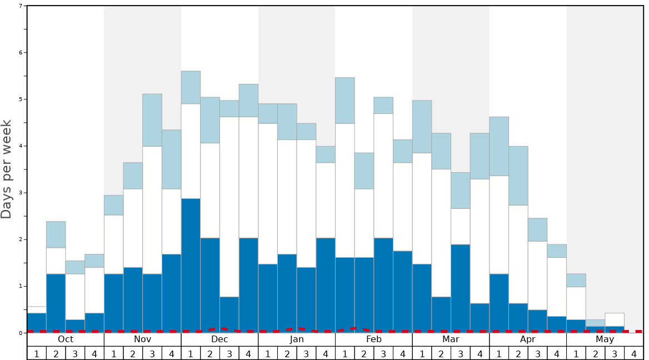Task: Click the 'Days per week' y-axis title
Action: (7, 169)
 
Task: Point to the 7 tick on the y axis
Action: (21, 6)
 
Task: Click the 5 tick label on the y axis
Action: (21, 99)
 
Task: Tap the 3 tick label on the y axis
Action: (21, 193)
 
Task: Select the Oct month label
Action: (66, 339)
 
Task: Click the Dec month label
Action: (219, 339)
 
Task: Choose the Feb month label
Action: (374, 339)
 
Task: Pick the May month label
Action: (605, 339)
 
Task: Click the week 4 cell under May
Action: (634, 353)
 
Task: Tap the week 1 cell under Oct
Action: (37, 353)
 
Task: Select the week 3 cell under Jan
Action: (306, 353)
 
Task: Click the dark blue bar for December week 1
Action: (191, 265)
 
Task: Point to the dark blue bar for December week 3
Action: (229, 314)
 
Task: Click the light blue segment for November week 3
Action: (152, 120)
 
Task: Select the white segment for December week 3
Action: (229, 207)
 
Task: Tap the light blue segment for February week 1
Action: (345, 101)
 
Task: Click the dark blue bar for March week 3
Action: (461, 288)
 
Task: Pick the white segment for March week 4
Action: (480, 241)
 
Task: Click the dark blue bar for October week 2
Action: (56, 303)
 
